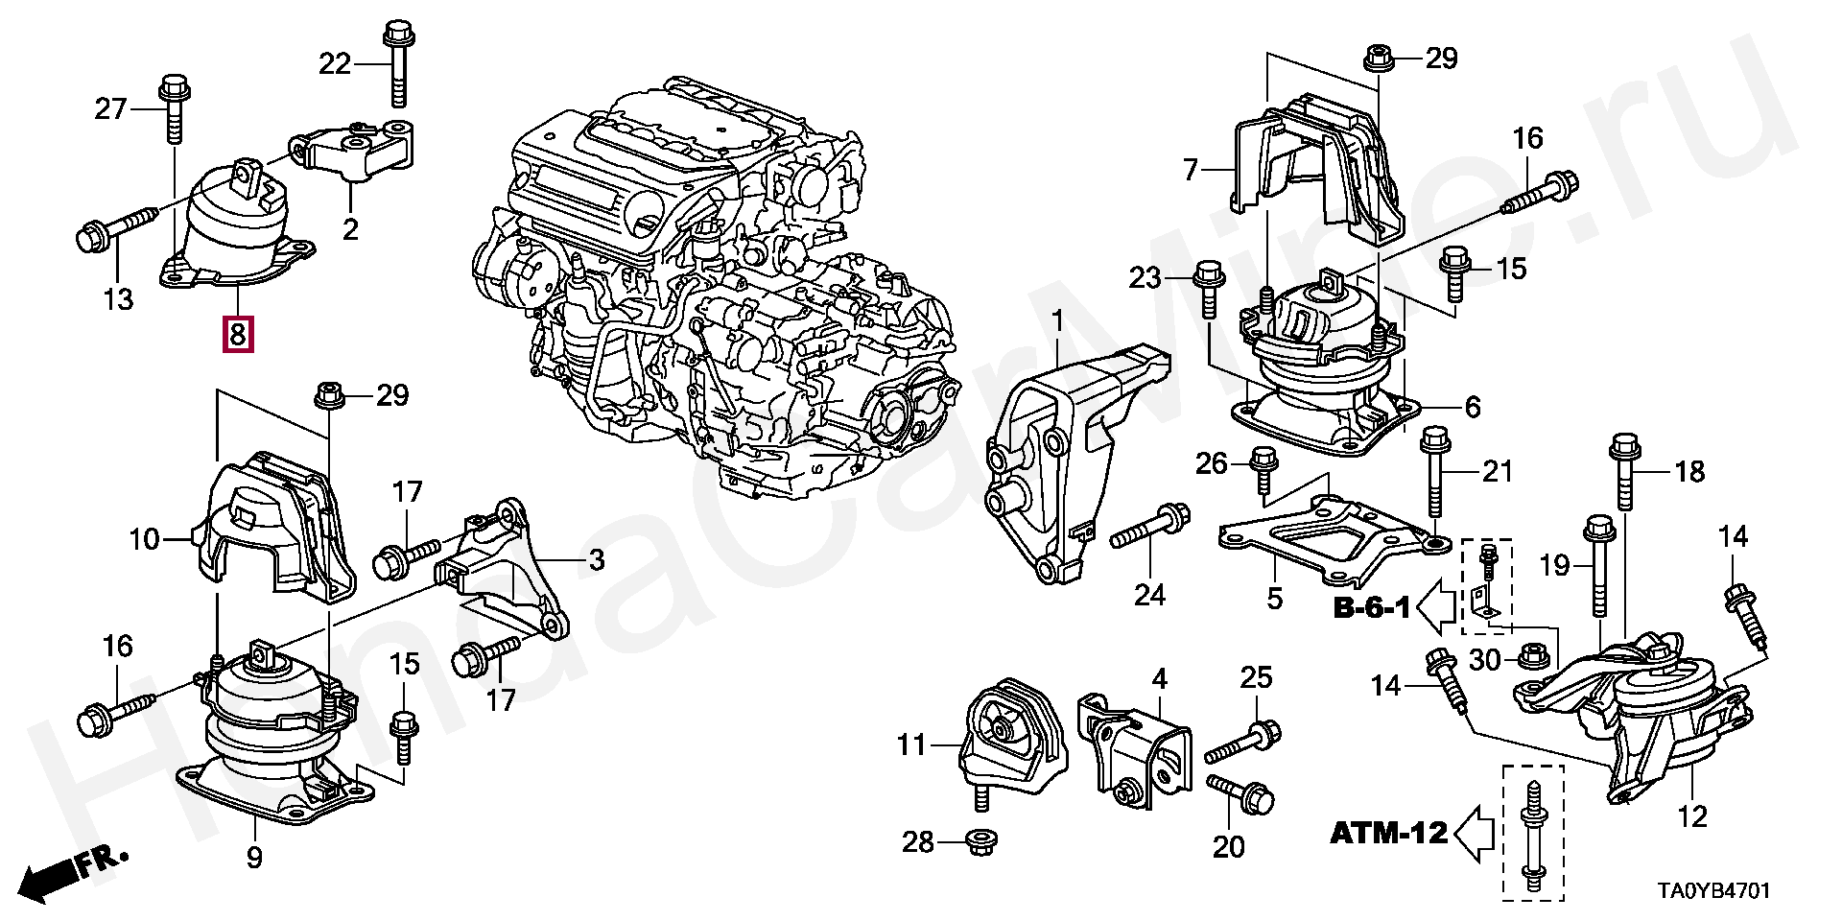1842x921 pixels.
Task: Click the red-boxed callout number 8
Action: (x=238, y=334)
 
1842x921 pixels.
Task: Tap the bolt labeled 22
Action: (x=396, y=62)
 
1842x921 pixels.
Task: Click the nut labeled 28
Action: (x=980, y=843)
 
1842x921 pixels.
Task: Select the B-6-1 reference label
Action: (x=1371, y=608)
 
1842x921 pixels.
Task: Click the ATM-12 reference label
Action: (x=1388, y=833)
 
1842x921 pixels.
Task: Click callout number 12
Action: (x=1692, y=817)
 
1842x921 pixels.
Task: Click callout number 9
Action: (x=253, y=857)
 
